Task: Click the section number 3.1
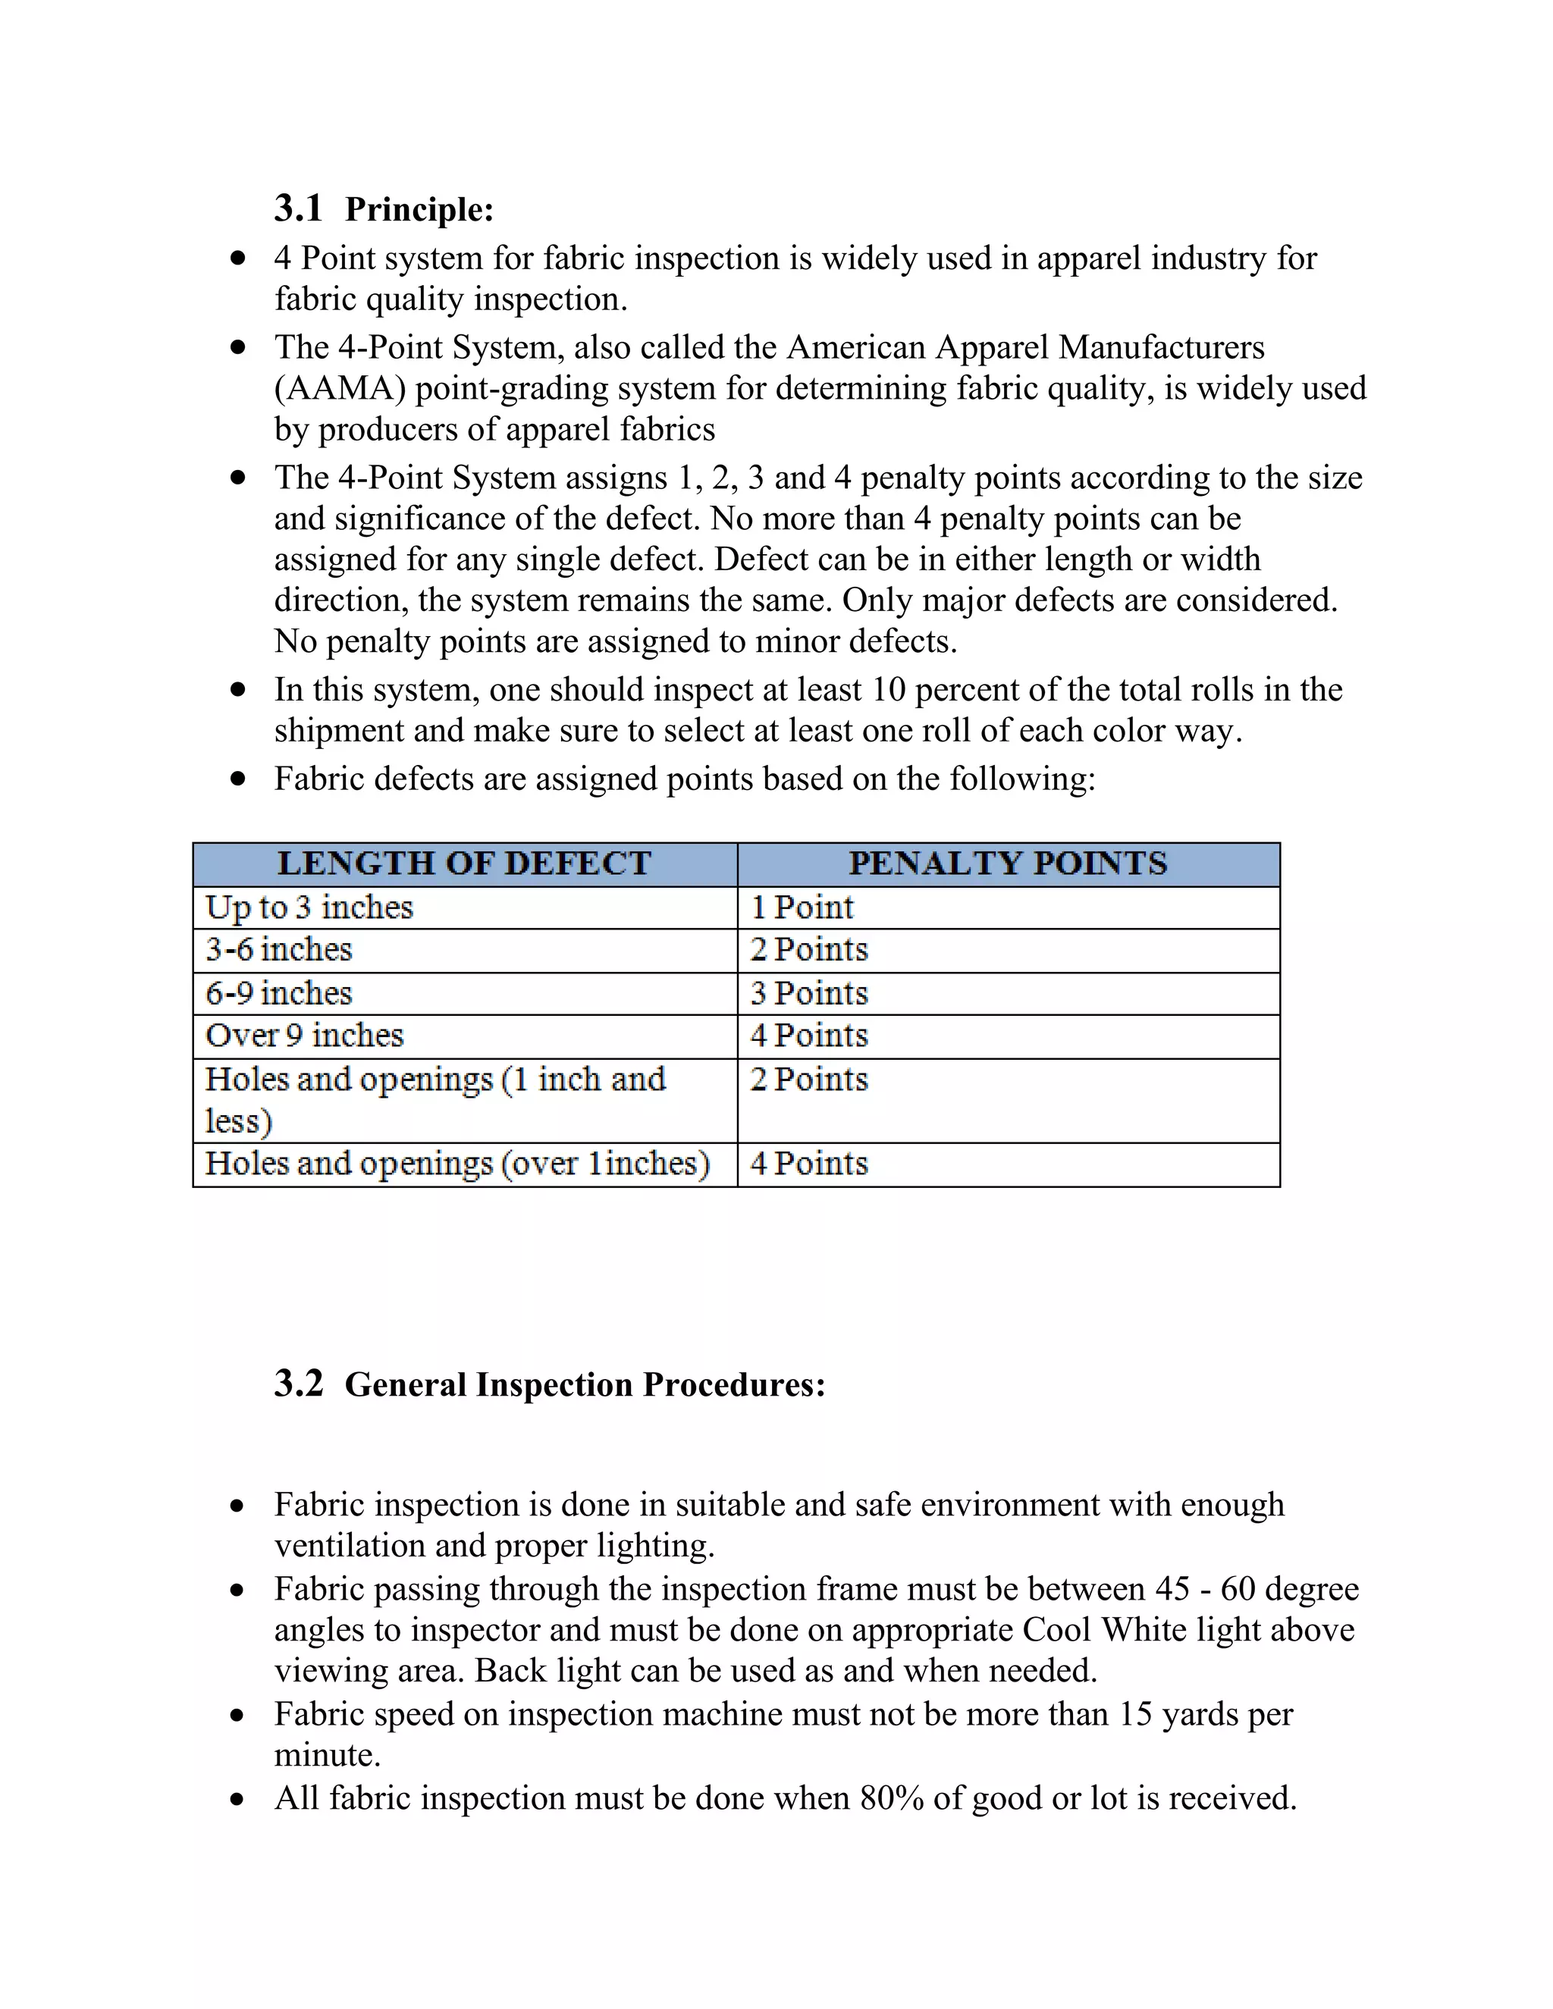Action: [298, 208]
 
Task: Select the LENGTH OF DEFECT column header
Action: [465, 863]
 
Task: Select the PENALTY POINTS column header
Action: [1008, 863]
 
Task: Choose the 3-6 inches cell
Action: [279, 950]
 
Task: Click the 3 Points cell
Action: [808, 993]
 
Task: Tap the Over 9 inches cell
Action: [305, 1036]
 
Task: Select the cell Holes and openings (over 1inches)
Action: [457, 1164]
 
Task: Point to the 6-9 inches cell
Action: [279, 993]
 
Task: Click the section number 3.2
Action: [298, 1384]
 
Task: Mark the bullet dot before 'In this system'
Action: [238, 689]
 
